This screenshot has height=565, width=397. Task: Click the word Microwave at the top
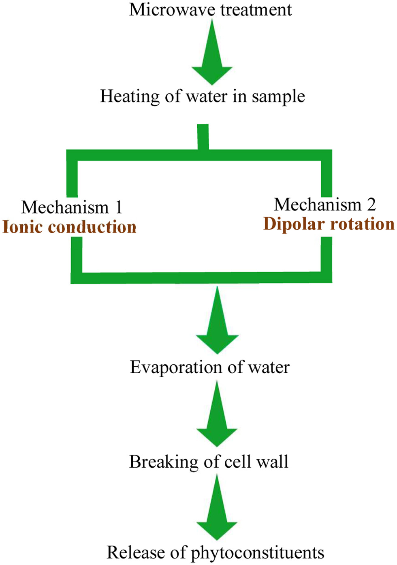point(173,10)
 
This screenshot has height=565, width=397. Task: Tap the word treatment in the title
point(256,10)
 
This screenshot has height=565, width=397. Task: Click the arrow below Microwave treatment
point(212,52)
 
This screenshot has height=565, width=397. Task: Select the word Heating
point(130,97)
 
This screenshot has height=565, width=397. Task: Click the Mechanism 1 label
point(72,207)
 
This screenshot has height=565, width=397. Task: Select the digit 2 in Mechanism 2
point(371,204)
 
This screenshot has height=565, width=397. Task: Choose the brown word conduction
point(92,227)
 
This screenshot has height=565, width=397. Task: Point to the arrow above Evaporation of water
point(217,320)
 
